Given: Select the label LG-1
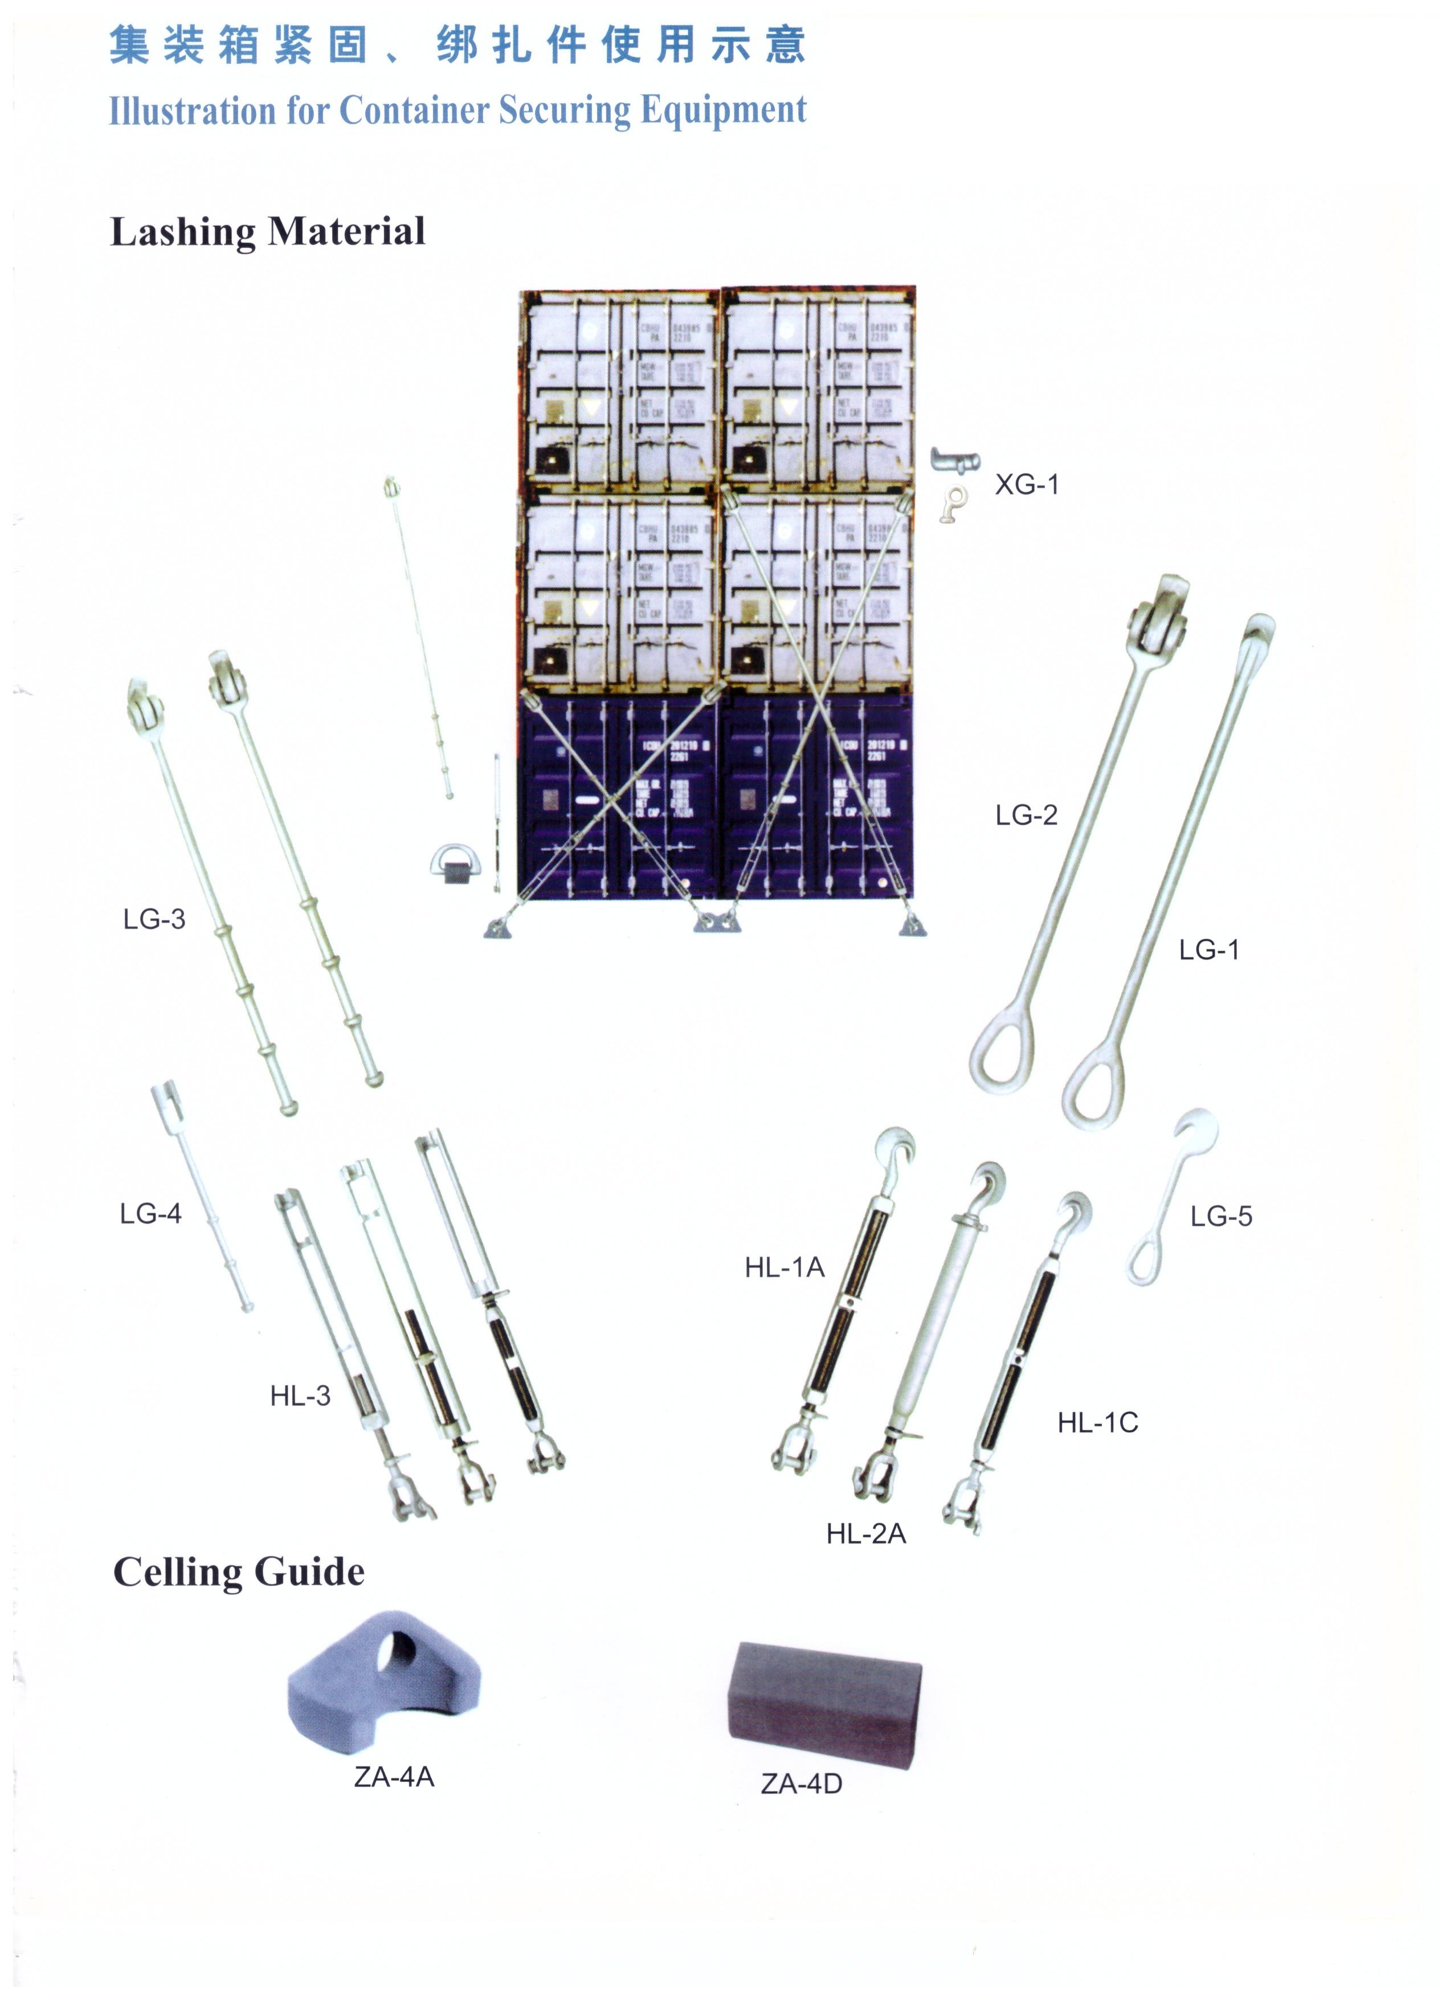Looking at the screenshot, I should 1209,950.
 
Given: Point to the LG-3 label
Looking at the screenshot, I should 154,919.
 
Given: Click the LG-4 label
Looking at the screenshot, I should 150,1214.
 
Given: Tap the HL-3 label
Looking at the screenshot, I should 300,1396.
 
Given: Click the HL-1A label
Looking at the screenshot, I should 784,1267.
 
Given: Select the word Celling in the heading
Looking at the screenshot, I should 177,1572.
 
